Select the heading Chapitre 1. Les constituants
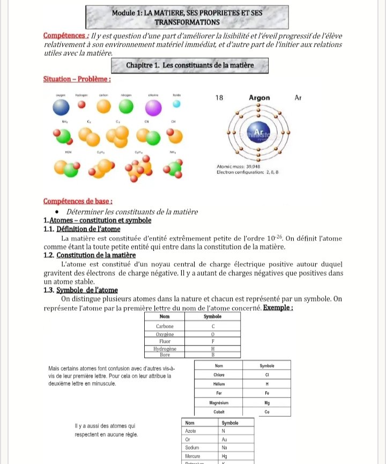click(190, 65)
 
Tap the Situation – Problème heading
click(77, 79)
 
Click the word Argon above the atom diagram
click(260, 98)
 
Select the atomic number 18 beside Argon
click(219, 98)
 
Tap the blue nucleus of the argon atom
click(259, 133)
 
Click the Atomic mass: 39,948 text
click(239, 166)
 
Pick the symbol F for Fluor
click(213, 341)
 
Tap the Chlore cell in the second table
click(219, 374)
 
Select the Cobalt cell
click(219, 412)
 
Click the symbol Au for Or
click(225, 439)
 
